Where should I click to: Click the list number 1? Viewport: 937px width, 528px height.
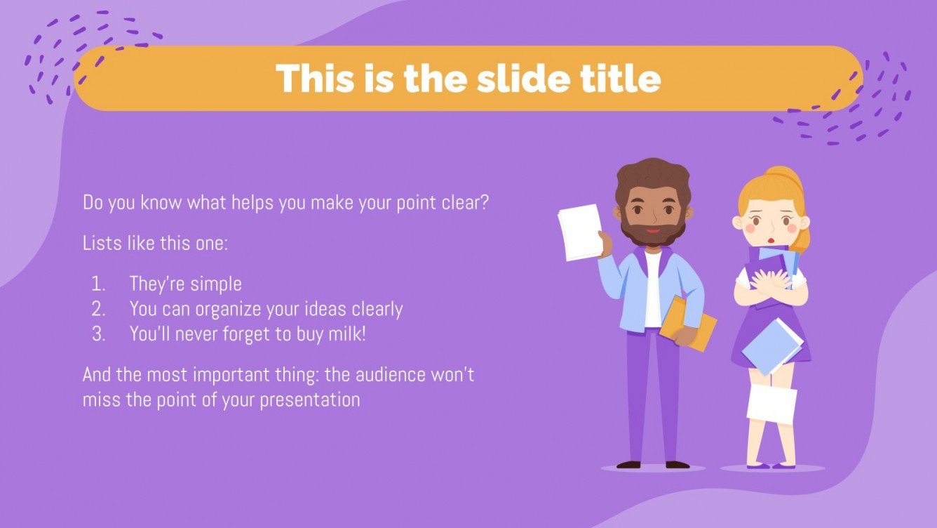coord(98,284)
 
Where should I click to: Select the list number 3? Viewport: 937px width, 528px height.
coord(98,334)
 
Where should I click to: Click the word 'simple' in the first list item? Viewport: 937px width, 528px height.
coord(214,284)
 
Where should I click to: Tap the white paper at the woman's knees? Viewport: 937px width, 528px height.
coord(771,404)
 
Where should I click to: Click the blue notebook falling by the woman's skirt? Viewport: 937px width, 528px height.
coord(771,345)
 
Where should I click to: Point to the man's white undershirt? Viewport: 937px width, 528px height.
coord(653,288)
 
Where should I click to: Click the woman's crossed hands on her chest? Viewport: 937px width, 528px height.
coord(769,282)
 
